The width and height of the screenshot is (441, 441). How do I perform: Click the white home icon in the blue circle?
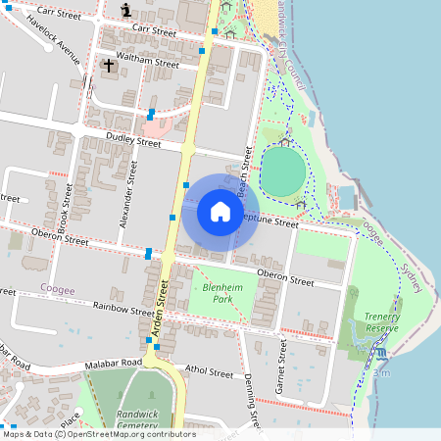220,212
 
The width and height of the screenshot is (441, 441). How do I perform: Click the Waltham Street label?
147,60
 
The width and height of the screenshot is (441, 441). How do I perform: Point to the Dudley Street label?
132,142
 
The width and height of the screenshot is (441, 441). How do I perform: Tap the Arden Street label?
163,303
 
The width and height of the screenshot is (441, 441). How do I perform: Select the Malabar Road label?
116,362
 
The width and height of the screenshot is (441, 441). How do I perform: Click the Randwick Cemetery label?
137,419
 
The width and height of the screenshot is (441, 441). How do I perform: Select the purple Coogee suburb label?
58,288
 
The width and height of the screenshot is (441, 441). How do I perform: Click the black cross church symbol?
109,67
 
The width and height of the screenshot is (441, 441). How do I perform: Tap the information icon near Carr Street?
126,10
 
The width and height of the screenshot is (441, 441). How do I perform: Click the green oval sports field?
284,170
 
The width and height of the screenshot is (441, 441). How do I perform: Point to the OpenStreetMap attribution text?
99,434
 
